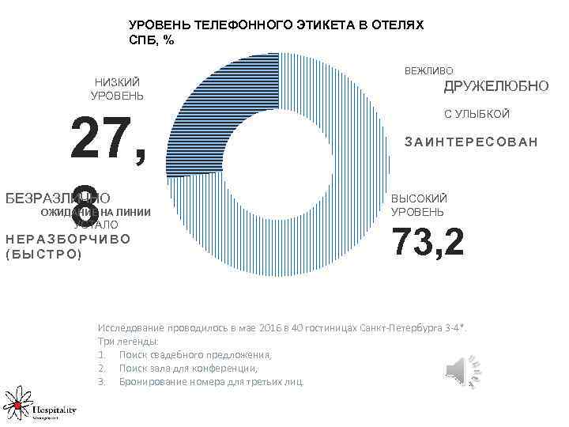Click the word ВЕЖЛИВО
[x=429, y=71]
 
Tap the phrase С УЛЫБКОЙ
[x=477, y=115]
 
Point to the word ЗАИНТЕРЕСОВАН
[x=471, y=142]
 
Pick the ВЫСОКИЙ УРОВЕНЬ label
[x=419, y=206]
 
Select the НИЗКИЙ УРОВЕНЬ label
[x=117, y=89]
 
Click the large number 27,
[x=108, y=140]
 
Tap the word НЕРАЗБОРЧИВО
[x=67, y=240]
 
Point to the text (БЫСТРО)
[x=43, y=255]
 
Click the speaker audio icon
[x=462, y=369]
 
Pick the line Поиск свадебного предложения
[x=194, y=354]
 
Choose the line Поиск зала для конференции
[x=188, y=368]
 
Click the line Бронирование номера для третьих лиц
[x=211, y=381]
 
